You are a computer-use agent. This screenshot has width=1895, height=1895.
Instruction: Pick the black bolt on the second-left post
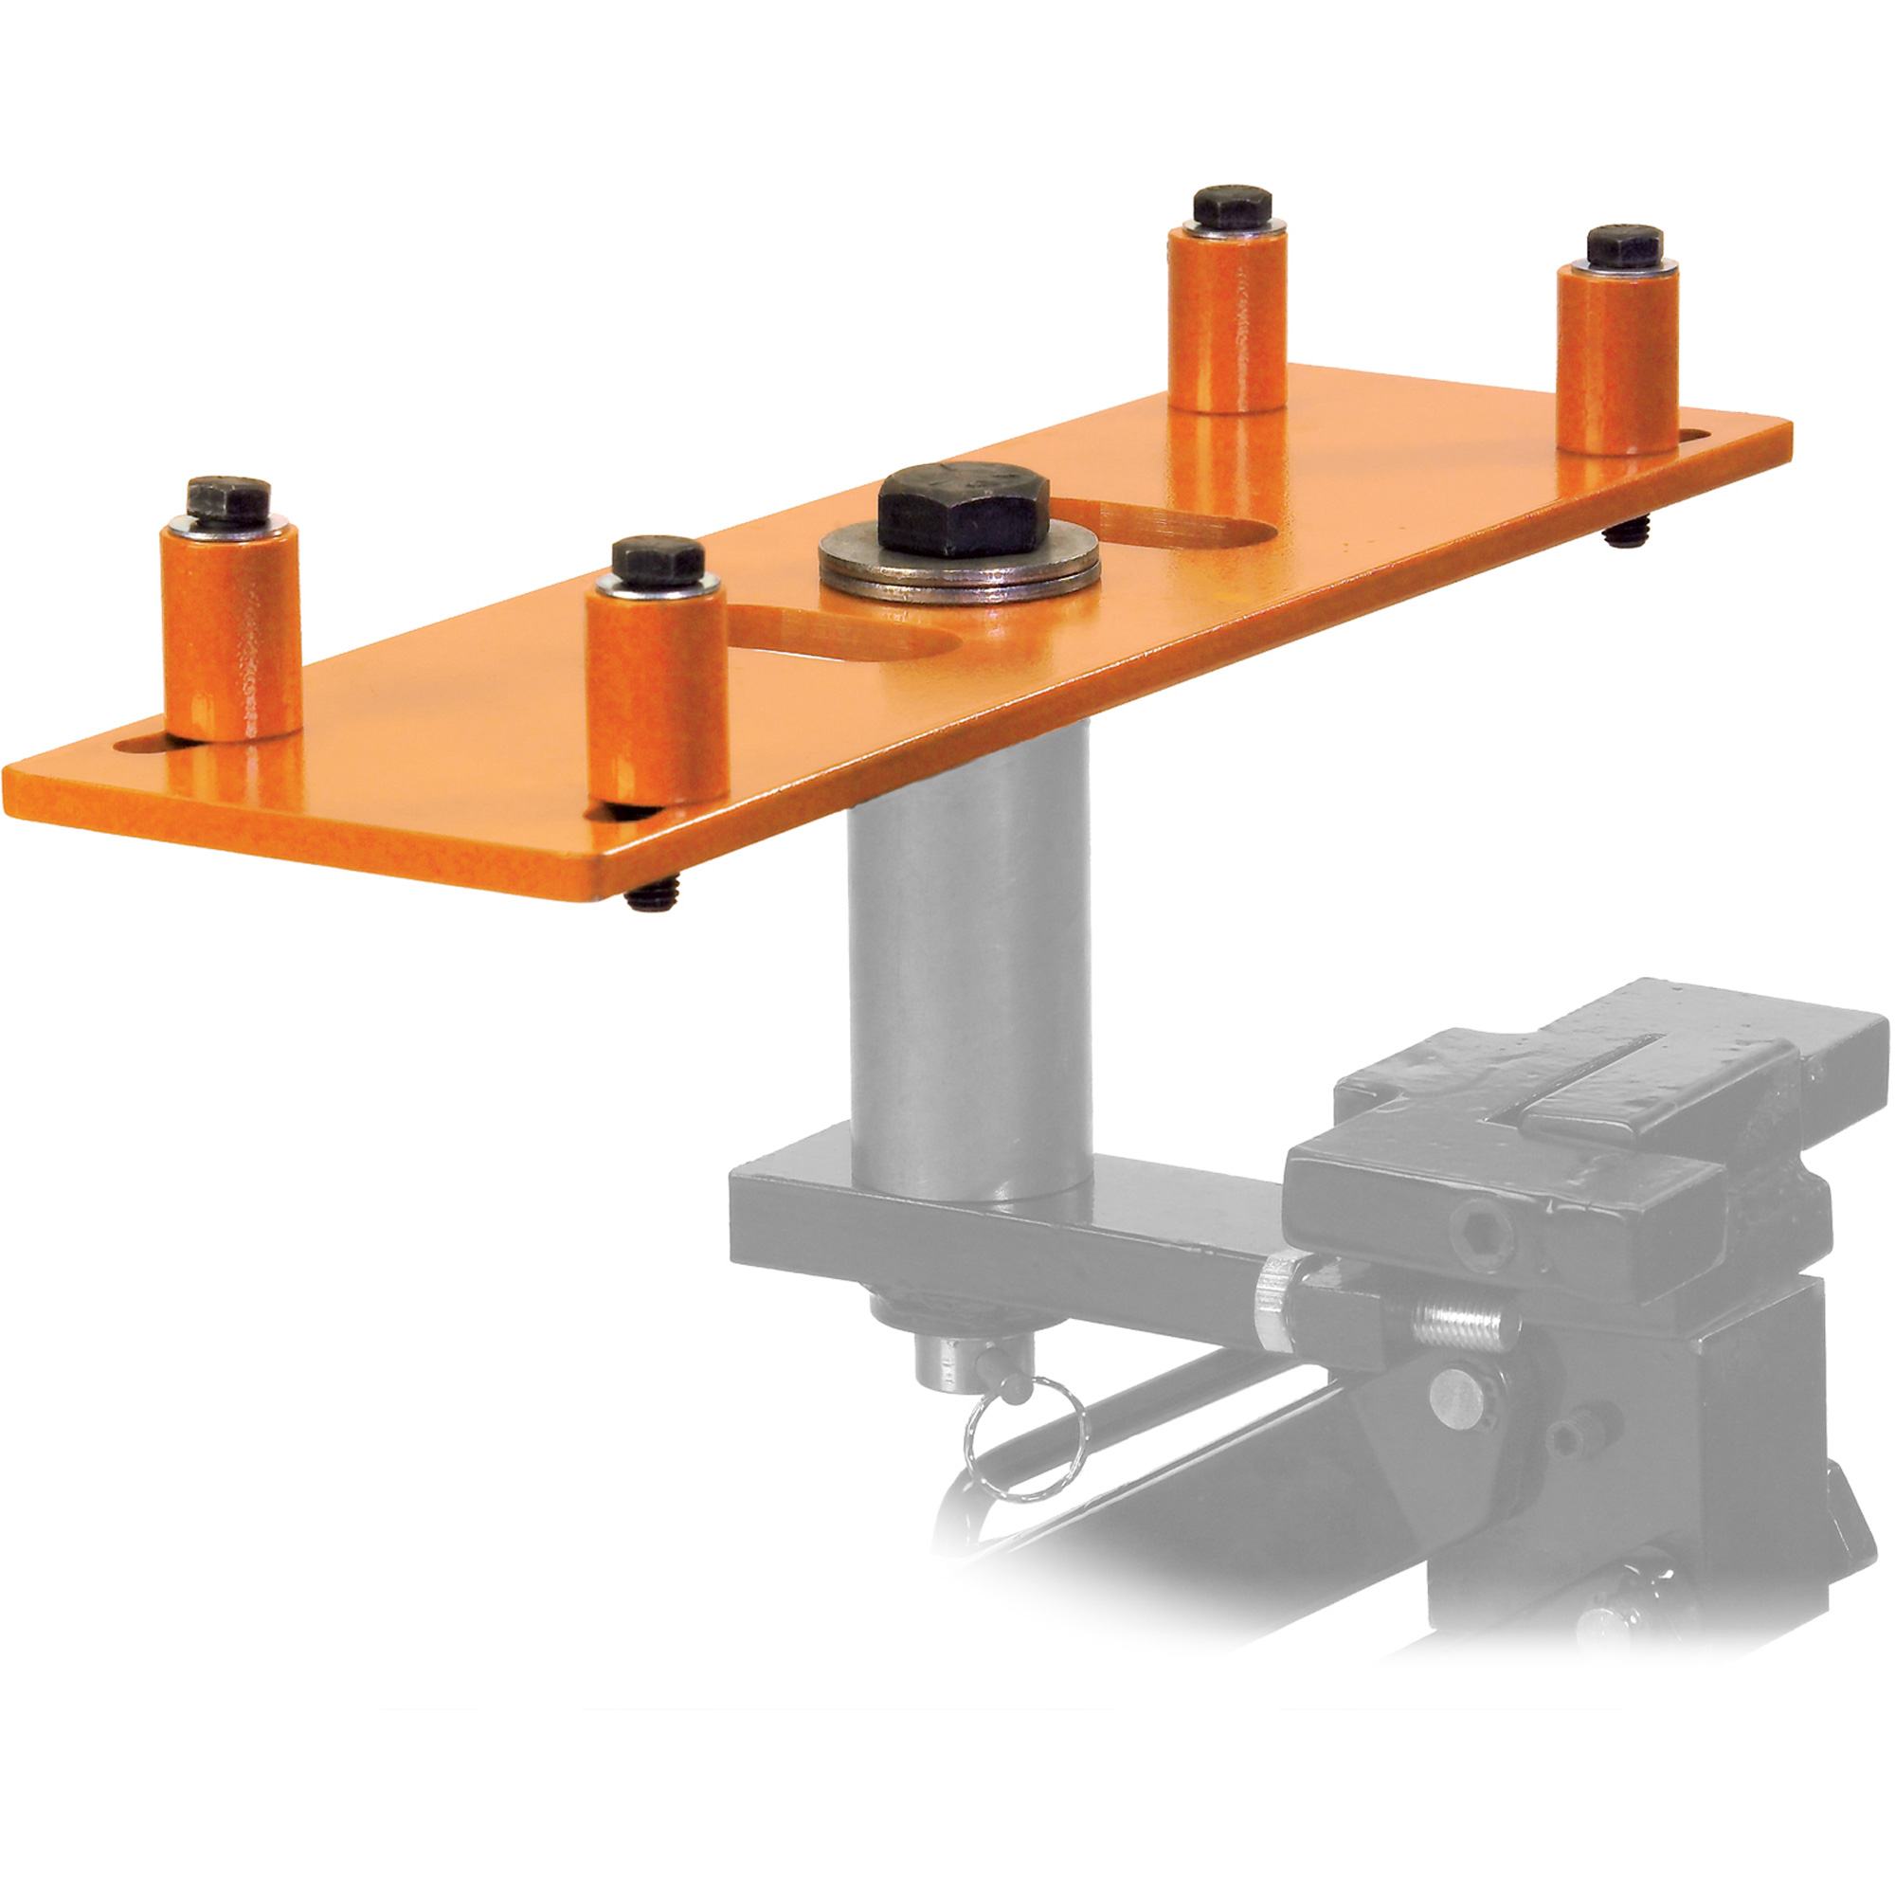click(658, 559)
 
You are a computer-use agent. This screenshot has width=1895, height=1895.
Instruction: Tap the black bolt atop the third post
click(1232, 206)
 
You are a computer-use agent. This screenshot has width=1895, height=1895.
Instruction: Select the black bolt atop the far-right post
click(1624, 245)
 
